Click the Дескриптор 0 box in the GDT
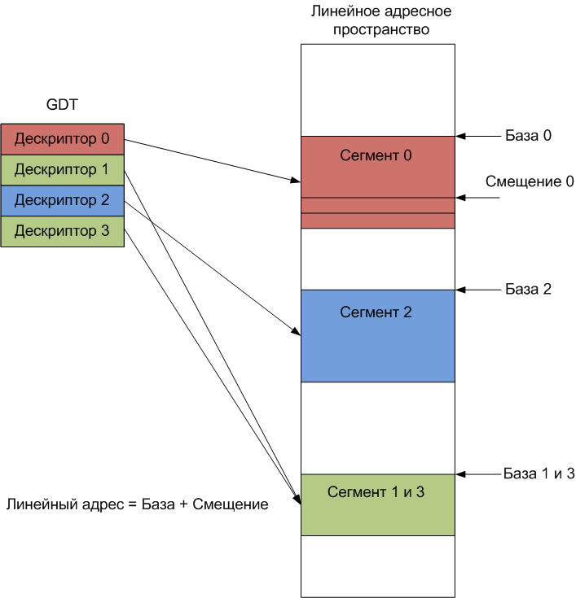62,138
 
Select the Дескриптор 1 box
62,170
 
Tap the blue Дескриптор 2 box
62,200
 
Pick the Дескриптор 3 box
62,231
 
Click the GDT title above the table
63,104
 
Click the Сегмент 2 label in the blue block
376,312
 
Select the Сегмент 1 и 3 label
376,492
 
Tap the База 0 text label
529,136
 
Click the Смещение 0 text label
530,181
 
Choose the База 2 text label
529,289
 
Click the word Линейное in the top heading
338,13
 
